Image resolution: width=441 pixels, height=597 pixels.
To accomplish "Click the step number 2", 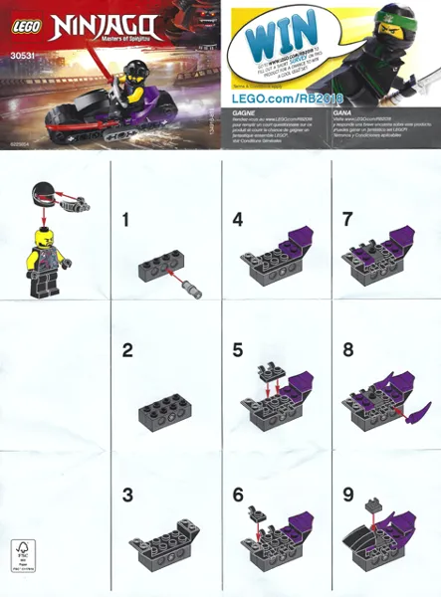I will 126,350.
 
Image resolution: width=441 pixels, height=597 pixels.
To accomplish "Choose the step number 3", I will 126,494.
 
